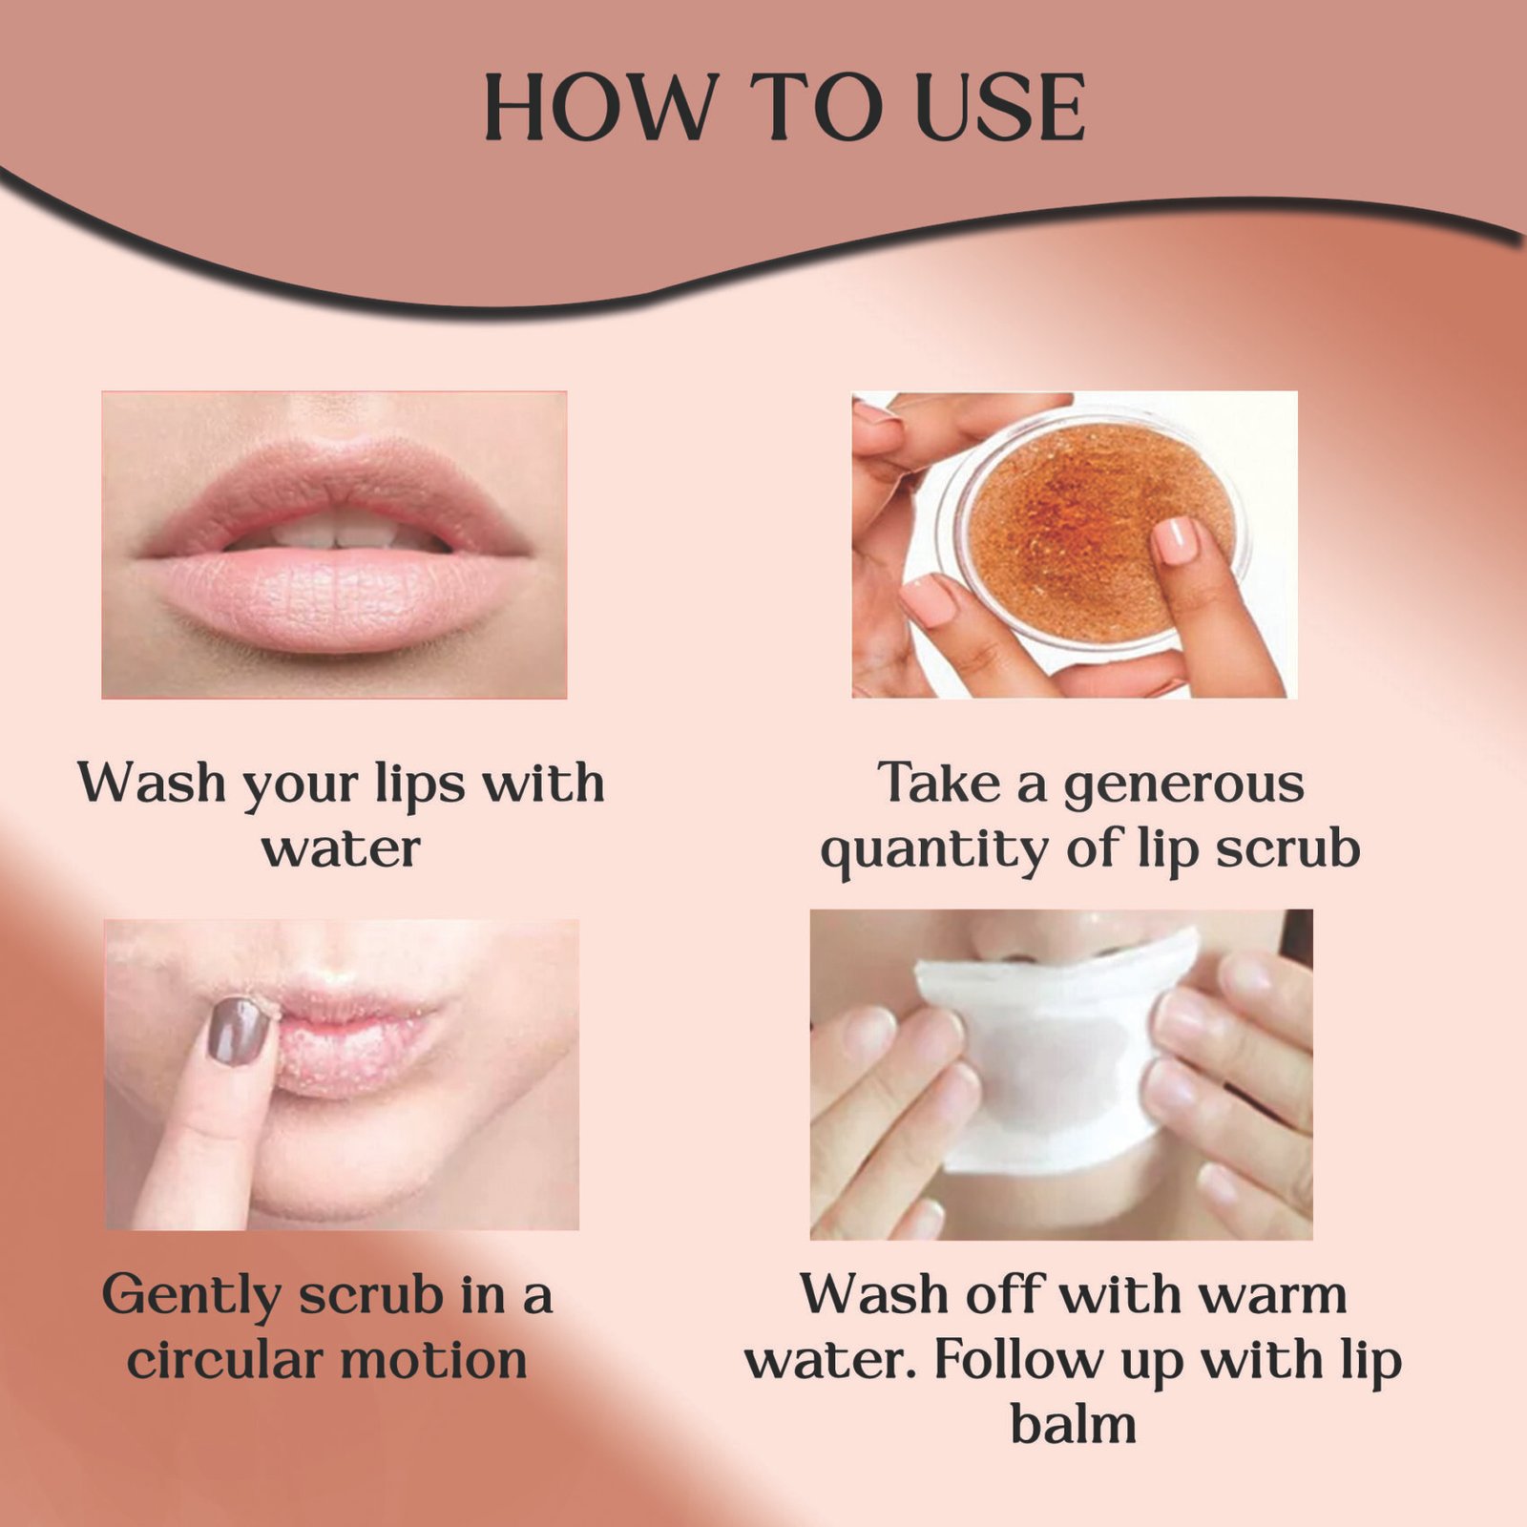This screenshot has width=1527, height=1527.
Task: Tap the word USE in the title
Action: (x=999, y=107)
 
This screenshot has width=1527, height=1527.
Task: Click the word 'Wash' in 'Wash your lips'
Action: (x=152, y=783)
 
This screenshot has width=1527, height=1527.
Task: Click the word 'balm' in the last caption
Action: (x=1074, y=1424)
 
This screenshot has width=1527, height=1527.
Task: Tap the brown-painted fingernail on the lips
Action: (x=237, y=1031)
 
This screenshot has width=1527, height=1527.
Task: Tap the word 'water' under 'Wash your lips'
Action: (x=341, y=849)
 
